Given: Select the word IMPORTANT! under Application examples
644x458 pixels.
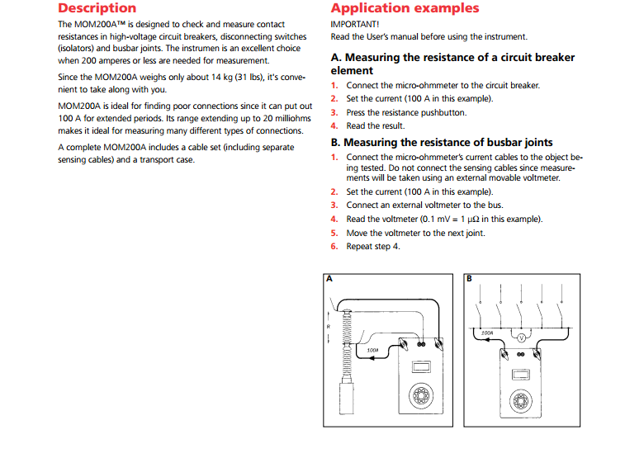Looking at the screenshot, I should [x=349, y=25].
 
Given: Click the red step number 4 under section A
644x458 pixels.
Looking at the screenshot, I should [x=334, y=126].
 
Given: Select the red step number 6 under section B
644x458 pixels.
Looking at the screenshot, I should [x=334, y=247].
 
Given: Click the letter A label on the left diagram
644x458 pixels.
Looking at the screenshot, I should [x=329, y=279].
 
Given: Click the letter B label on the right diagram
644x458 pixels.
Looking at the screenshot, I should [x=470, y=279].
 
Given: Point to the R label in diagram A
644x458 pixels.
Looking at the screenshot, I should [x=329, y=327].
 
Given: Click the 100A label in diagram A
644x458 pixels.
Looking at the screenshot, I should [x=372, y=350].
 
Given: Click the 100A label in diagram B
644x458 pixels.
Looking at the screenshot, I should [x=487, y=333].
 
